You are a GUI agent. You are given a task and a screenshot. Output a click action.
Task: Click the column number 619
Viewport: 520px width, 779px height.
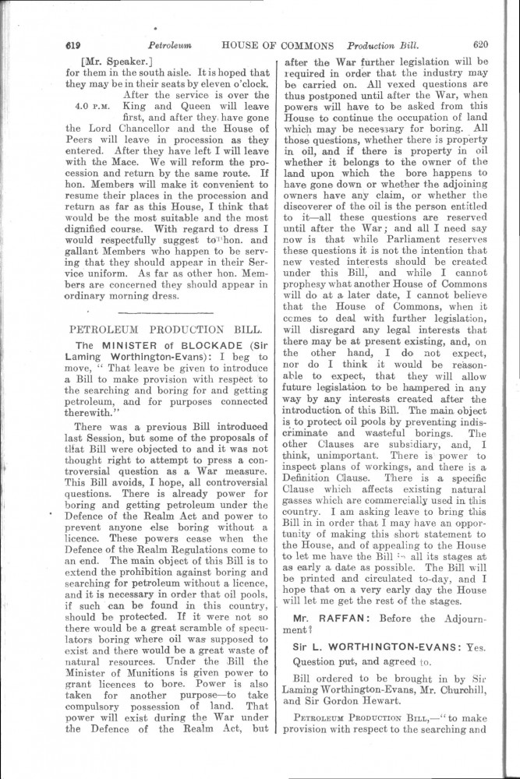coord(76,46)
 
